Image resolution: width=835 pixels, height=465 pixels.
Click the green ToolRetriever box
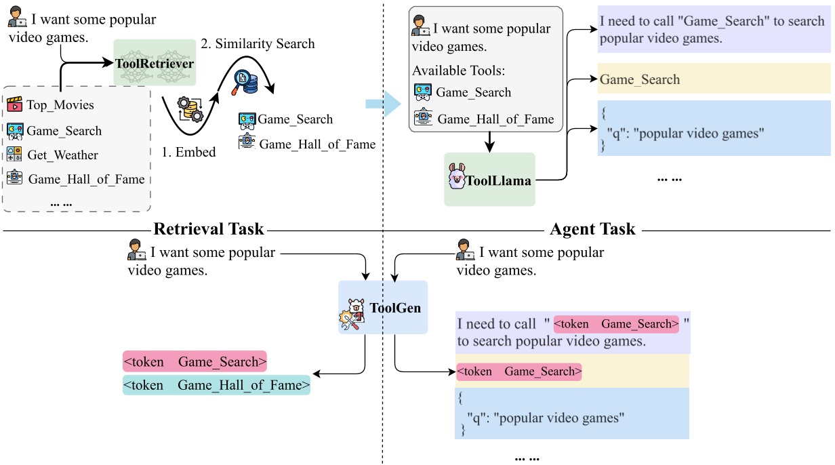pos(154,63)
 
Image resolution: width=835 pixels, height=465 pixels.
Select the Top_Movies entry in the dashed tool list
pos(60,105)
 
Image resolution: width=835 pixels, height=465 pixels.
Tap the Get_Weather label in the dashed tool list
pos(62,155)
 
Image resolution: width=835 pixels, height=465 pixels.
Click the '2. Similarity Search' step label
pos(258,44)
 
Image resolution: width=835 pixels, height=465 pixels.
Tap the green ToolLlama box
pos(489,180)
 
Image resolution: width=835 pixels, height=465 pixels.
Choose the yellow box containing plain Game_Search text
pos(714,80)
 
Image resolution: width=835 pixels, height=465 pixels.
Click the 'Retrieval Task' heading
pos(208,229)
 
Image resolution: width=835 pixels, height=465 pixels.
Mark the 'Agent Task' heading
pos(593,229)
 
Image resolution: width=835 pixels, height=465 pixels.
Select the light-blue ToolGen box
pos(383,308)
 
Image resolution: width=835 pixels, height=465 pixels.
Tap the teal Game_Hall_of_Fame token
pos(216,386)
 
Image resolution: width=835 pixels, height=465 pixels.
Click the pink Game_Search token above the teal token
pos(195,361)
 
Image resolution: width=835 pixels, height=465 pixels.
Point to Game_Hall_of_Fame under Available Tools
pos(495,119)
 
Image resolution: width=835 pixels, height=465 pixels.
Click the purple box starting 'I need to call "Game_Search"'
pos(714,30)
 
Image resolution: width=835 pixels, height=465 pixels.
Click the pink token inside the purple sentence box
pos(616,324)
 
